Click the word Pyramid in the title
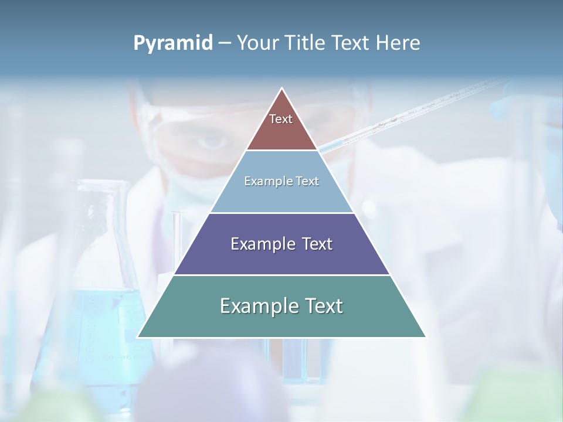pyautogui.click(x=172, y=43)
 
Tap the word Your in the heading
pyautogui.click(x=258, y=43)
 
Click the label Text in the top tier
pyautogui.click(x=281, y=119)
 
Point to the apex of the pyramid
pyautogui.click(x=282, y=89)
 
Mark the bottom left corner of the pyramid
pyautogui.click(x=138, y=337)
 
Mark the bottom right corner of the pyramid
pyautogui.click(x=426, y=337)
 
